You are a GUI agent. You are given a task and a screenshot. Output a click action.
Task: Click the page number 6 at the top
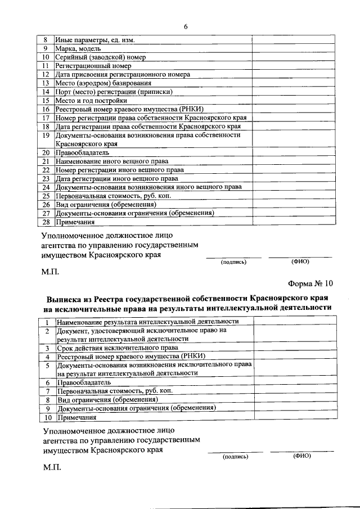tap(185, 26)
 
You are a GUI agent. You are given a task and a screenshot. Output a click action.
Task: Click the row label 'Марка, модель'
tap(78, 49)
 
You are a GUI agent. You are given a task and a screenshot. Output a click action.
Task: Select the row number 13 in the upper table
tap(47, 83)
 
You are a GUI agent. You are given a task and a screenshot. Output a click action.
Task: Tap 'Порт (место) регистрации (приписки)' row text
tap(114, 92)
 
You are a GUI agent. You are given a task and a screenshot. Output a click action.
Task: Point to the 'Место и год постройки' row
tap(87, 100)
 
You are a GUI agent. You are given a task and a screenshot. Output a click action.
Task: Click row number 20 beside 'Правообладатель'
tap(47, 152)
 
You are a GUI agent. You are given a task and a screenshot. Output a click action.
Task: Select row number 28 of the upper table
tap(47, 222)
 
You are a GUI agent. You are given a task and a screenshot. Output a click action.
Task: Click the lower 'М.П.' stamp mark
tap(50, 467)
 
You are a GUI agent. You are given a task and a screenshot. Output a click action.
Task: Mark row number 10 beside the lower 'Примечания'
tap(48, 417)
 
